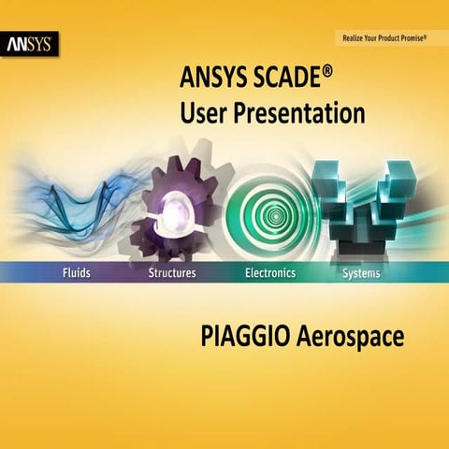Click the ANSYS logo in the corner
[31, 44]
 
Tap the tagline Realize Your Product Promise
[383, 38]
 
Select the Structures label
[172, 273]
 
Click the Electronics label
[269, 273]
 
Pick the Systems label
[361, 273]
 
